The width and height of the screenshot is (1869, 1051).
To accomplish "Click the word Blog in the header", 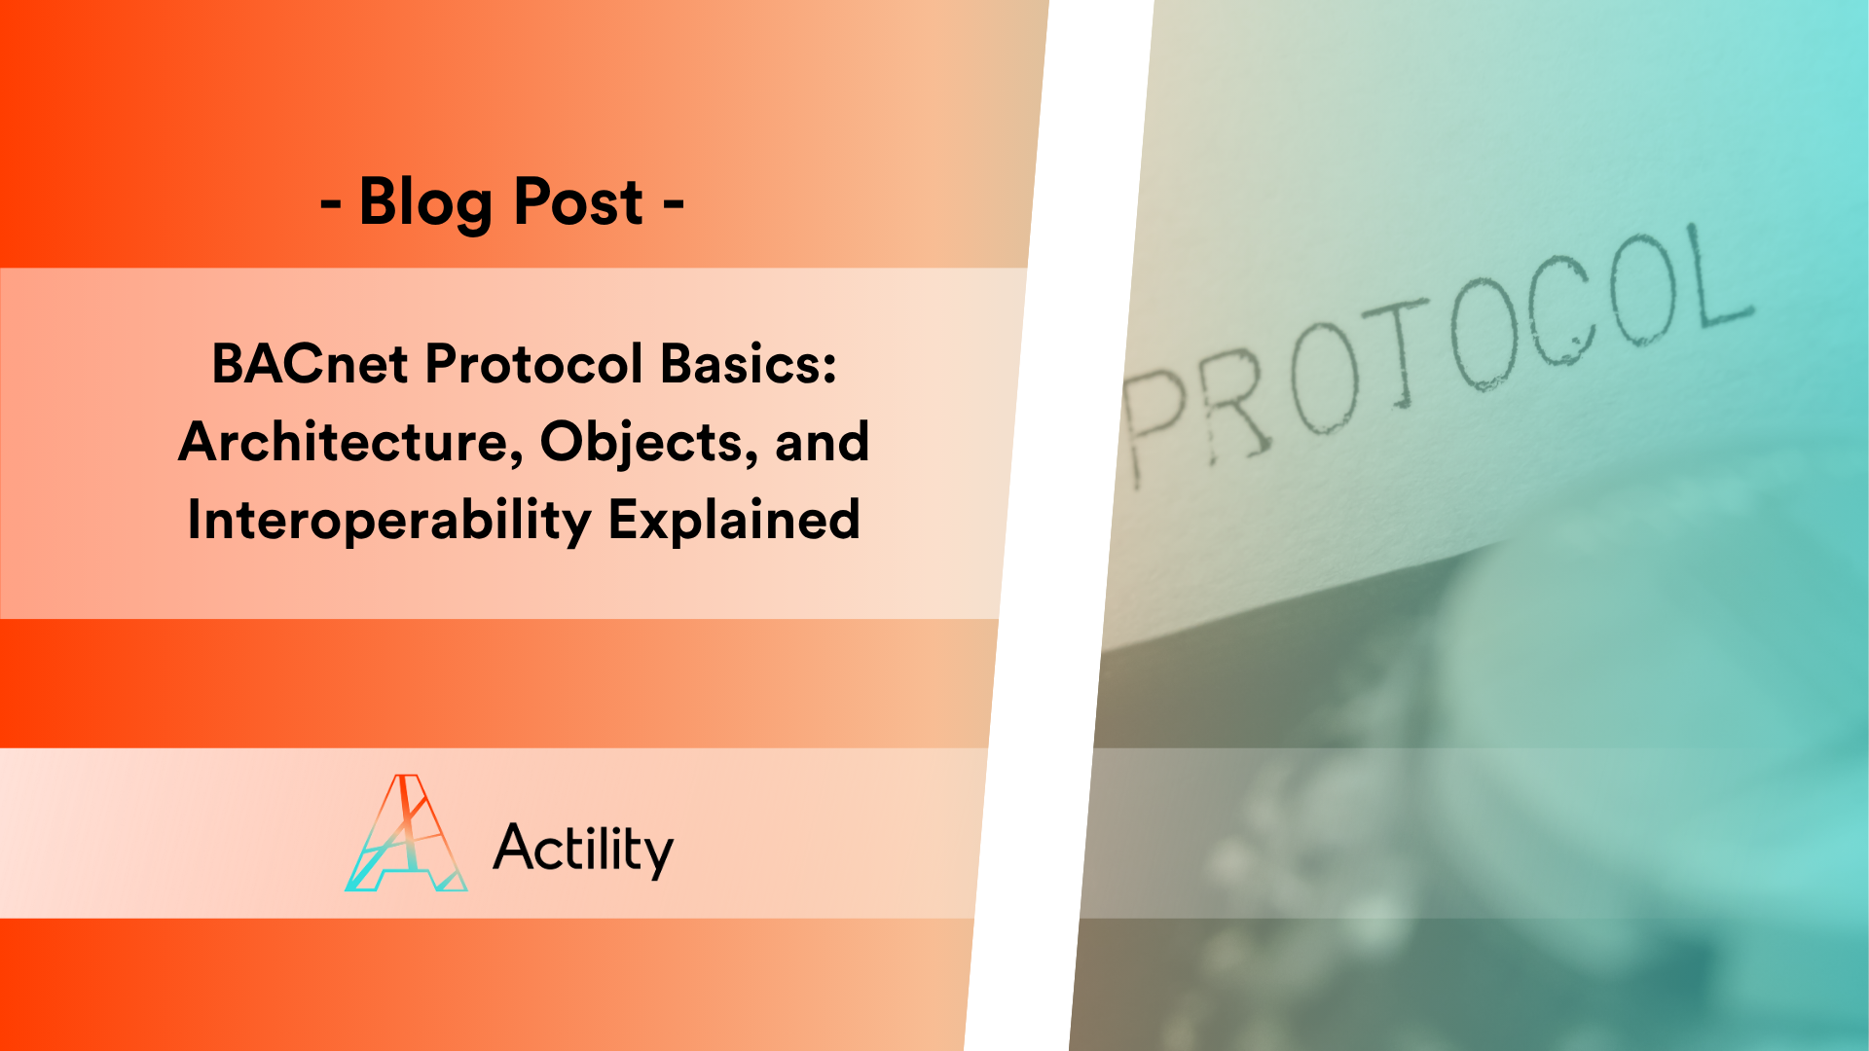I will click(424, 202).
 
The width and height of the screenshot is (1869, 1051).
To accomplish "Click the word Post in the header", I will click(577, 202).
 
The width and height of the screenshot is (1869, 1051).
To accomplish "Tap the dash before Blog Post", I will click(331, 204).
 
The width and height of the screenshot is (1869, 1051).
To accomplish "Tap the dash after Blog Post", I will click(674, 204).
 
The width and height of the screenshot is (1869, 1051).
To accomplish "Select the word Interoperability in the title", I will click(388, 520).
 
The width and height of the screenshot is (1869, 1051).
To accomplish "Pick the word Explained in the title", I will click(734, 520).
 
